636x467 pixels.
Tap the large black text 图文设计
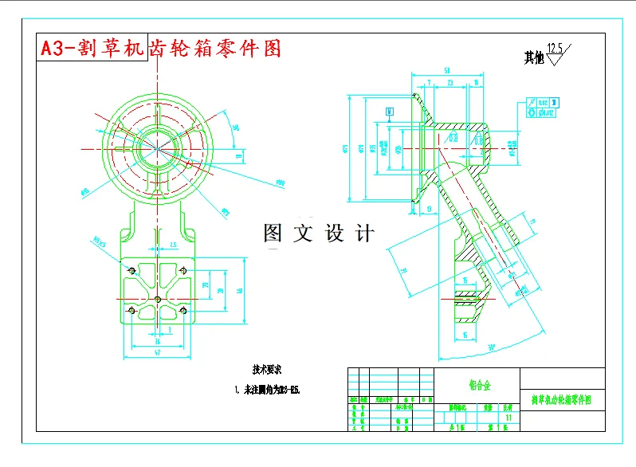coord(318,233)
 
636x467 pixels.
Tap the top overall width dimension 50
coord(447,71)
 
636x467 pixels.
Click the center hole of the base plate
coord(158,299)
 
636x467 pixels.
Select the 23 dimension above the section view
coord(450,82)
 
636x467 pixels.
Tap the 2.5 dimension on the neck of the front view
coord(173,245)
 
